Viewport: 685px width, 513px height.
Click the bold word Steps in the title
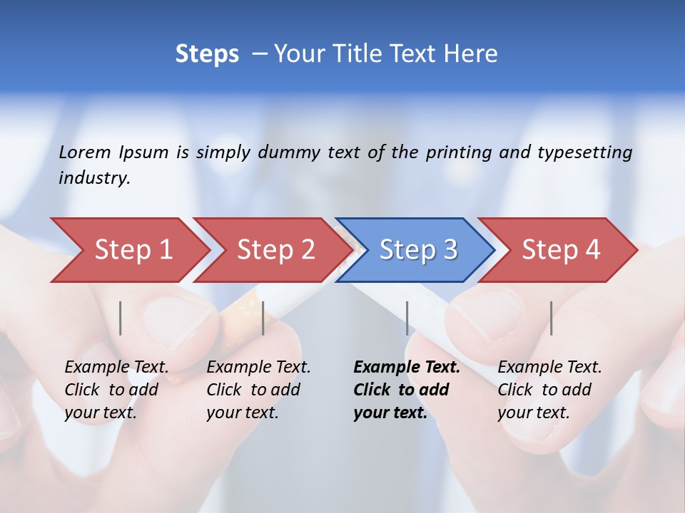click(x=207, y=54)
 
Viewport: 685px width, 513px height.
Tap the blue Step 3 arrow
click(x=418, y=250)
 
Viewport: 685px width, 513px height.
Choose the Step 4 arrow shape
click(x=561, y=250)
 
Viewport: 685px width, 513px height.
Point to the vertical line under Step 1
click(x=121, y=318)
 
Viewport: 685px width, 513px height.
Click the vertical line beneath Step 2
click(x=263, y=318)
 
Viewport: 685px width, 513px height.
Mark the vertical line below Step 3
click(x=407, y=318)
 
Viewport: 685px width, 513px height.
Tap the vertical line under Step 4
click(x=552, y=318)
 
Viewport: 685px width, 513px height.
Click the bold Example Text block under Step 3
click(x=407, y=390)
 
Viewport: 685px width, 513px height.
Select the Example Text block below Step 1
click(x=116, y=390)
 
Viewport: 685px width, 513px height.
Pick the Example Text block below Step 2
click(x=258, y=390)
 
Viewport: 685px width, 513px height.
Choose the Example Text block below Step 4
click(x=549, y=390)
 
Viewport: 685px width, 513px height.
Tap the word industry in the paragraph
click(x=94, y=178)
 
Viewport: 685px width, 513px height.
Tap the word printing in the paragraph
click(x=459, y=152)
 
